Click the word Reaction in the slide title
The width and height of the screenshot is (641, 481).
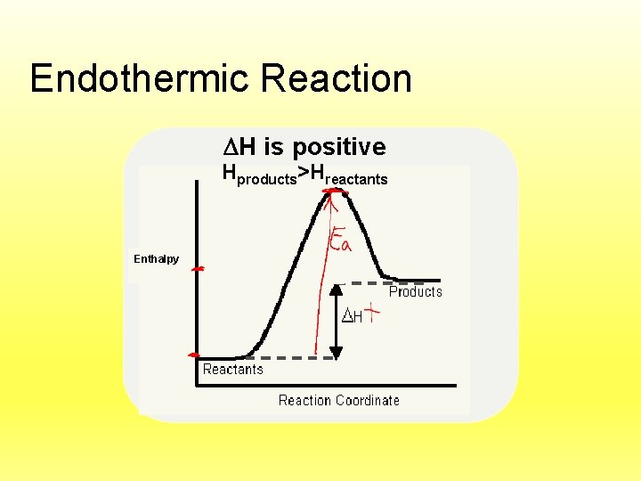click(x=337, y=78)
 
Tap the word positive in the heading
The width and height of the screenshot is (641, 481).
click(x=339, y=147)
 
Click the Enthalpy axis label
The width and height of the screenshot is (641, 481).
click(x=156, y=259)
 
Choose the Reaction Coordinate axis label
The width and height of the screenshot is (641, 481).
click(x=338, y=401)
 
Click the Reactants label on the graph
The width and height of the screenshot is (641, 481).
click(x=232, y=370)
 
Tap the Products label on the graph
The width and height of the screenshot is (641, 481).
click(x=415, y=292)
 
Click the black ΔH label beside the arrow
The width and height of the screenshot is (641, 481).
click(x=352, y=316)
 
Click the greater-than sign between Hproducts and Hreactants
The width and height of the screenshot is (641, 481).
click(x=304, y=173)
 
